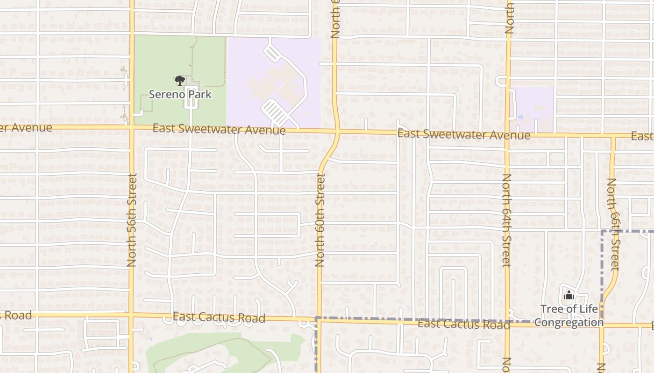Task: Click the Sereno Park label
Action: click(180, 95)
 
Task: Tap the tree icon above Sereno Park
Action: click(179, 81)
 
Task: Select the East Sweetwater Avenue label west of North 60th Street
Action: click(219, 129)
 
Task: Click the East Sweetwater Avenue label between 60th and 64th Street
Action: click(463, 135)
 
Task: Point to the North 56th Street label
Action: click(132, 220)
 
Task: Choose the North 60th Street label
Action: click(320, 220)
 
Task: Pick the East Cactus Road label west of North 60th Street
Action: click(219, 318)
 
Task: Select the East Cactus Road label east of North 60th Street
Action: click(463, 324)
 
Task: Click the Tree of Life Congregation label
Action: click(569, 316)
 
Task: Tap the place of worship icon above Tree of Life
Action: click(569, 295)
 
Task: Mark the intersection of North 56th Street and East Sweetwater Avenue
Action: click(132, 127)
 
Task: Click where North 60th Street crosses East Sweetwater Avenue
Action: click(337, 132)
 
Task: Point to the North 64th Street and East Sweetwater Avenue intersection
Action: click(508, 136)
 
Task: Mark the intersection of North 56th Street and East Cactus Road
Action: click(132, 315)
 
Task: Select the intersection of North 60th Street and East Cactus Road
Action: click(319, 320)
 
